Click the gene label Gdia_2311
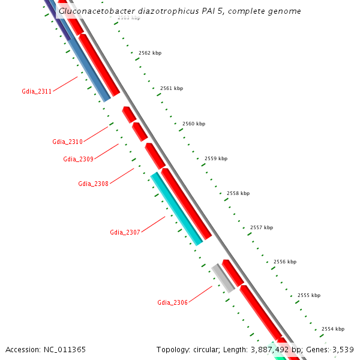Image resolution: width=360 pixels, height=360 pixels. click(37, 91)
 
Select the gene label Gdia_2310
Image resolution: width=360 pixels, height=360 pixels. click(67, 142)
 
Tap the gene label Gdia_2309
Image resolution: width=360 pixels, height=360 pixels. click(78, 159)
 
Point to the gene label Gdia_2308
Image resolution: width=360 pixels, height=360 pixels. click(93, 184)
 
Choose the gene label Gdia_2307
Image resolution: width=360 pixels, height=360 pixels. click(125, 232)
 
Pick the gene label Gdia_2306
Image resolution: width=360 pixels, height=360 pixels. click(172, 302)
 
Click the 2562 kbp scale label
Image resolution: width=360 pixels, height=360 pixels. click(150, 53)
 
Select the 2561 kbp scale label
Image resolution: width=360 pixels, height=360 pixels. click(172, 88)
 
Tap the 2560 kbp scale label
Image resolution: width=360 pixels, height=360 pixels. click(194, 124)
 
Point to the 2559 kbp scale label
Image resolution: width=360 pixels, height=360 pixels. click(216, 158)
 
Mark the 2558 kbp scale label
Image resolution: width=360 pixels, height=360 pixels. click(238, 193)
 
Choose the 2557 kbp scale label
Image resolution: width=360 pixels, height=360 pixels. click(262, 227)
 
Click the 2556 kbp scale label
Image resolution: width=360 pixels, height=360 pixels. click(285, 262)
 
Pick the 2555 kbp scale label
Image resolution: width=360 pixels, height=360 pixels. click(309, 295)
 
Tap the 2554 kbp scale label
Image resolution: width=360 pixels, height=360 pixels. click(333, 329)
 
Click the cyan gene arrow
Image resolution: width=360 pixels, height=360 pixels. click(176, 208)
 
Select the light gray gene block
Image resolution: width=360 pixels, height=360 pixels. click(223, 278)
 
